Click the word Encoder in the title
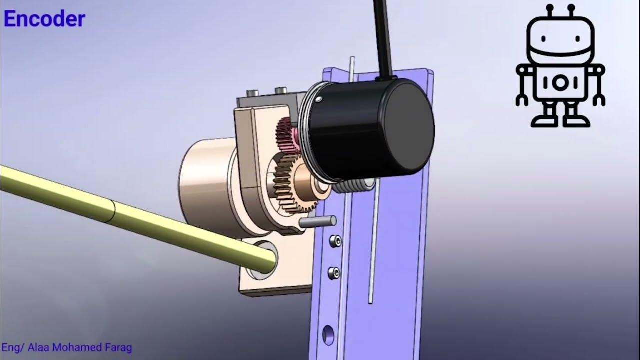pyautogui.click(x=44, y=19)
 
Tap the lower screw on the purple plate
pyautogui.click(x=333, y=273)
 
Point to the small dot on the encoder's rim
pyautogui.click(x=318, y=101)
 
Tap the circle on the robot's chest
pyautogui.click(x=560, y=83)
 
